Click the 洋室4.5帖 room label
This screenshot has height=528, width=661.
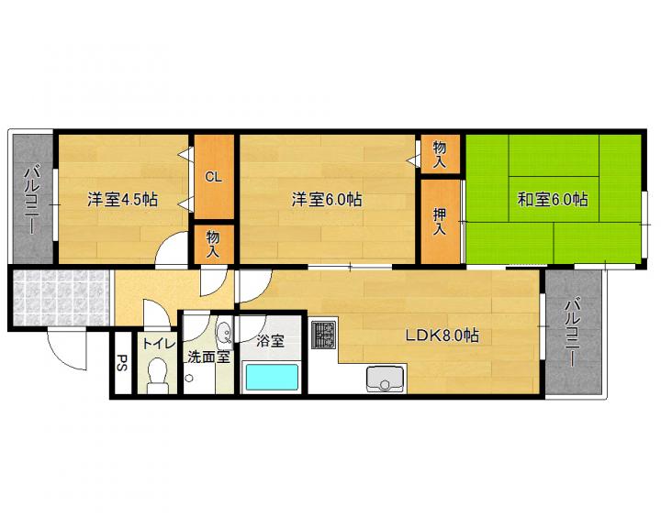[123, 199]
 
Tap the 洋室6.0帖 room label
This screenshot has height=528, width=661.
[327, 199]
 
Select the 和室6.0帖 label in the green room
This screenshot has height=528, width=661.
[553, 199]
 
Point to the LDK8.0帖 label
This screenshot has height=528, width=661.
[443, 335]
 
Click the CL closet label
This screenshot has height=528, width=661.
[213, 177]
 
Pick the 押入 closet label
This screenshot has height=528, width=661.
[440, 222]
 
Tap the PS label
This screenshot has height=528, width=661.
[122, 363]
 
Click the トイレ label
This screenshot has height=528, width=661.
[159, 344]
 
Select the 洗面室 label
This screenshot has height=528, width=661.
[208, 357]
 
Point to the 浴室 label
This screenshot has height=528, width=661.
[270, 341]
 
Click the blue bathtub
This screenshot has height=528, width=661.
[272, 378]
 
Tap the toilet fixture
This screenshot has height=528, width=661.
[158, 375]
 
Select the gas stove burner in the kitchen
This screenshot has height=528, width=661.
[324, 335]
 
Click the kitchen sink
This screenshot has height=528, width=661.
[385, 379]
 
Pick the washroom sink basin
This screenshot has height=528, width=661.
[224, 333]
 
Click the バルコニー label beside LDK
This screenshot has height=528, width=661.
[573, 333]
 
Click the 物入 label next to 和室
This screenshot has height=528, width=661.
[440, 155]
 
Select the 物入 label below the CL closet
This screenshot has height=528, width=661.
[213, 244]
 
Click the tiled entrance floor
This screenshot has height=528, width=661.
[62, 298]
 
